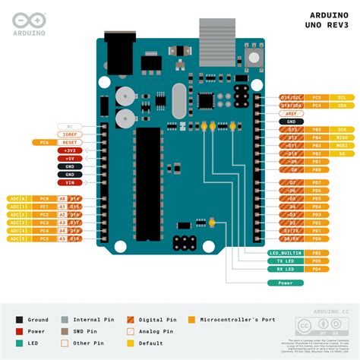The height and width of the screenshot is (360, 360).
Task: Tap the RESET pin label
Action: [x=69, y=142]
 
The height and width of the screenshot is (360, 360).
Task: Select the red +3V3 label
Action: [x=69, y=150]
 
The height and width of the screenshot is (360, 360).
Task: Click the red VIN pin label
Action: [x=69, y=182]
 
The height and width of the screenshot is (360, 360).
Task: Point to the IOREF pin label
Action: [x=69, y=134]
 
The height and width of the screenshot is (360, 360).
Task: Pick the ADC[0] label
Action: [x=18, y=198]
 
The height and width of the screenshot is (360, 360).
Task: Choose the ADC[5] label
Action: [x=18, y=238]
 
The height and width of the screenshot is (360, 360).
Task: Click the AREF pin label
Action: [x=291, y=113]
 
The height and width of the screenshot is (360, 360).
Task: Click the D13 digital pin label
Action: [x=291, y=130]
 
